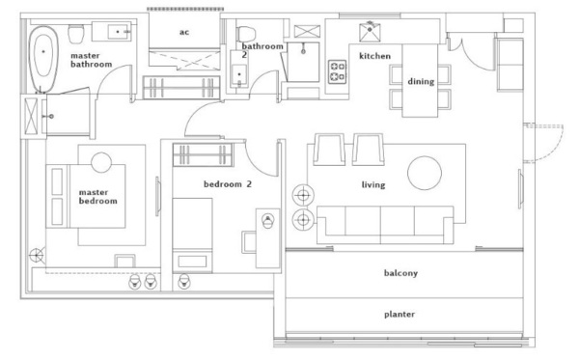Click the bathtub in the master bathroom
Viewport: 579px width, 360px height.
point(43,59)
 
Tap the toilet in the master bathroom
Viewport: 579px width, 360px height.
point(76,34)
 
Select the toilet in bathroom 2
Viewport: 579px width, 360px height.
point(246,34)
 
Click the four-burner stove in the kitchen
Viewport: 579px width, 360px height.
point(338,71)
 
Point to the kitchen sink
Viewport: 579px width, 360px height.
point(370,32)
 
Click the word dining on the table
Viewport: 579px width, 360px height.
point(421,81)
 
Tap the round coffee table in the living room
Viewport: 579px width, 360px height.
point(425,173)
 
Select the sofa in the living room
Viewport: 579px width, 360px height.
point(385,225)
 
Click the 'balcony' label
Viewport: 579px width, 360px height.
point(400,273)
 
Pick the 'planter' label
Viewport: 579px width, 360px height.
point(400,315)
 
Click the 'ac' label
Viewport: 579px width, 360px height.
point(184,32)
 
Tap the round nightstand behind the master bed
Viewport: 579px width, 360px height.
point(101,162)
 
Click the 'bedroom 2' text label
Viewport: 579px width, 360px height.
point(228,184)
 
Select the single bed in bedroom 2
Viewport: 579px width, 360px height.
point(192,235)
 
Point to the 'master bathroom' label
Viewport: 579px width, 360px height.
point(91,60)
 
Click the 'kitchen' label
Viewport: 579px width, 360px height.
point(374,56)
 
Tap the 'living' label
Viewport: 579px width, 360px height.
point(373,184)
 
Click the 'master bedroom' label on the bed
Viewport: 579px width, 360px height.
point(97,197)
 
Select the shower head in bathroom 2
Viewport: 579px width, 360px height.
point(303,49)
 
